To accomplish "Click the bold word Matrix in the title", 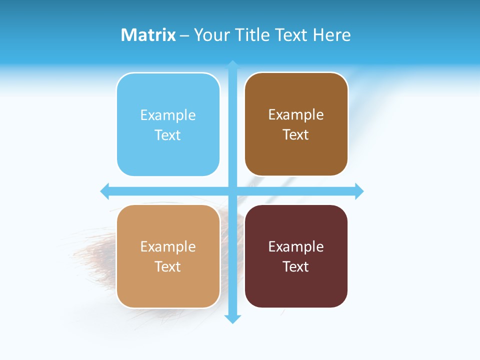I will pos(148,35).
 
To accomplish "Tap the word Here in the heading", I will pos(331,35).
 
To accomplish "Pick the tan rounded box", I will pos(168,287).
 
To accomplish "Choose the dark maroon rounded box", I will pos(296,287).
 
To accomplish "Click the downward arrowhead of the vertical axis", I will pos(232,319).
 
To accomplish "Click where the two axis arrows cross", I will pos(232,191).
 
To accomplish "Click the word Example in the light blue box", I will pos(168,115).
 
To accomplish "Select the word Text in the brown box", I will pos(296,135).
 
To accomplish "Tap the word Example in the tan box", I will pos(168,246).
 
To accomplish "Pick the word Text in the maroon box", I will pos(296,266).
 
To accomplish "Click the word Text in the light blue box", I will pos(168,135).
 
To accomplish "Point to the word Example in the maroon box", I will pos(296,246).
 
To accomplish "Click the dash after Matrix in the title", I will pos(184,35).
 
